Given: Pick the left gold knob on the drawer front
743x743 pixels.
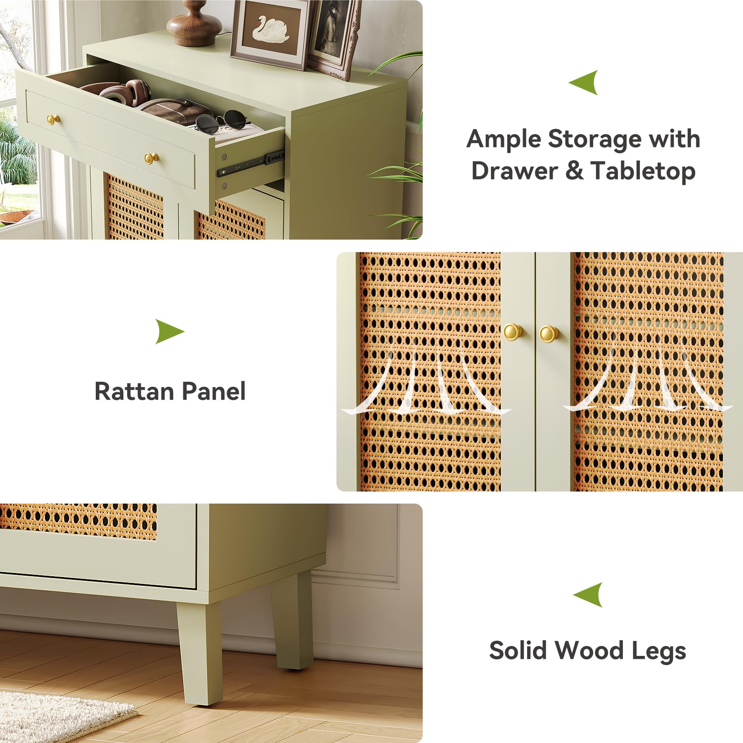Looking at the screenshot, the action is point(53,119).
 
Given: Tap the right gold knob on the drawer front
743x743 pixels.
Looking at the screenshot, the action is point(151,157).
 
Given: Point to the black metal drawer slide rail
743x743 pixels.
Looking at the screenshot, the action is point(251,163).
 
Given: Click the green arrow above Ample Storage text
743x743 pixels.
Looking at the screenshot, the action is point(584,83).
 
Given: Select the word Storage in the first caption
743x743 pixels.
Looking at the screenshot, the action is point(594,140).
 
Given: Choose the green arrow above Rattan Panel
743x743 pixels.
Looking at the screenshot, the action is point(170,331).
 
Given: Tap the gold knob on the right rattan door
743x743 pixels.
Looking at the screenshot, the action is point(549,334).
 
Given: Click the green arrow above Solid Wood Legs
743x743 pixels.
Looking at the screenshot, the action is point(588,595).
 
